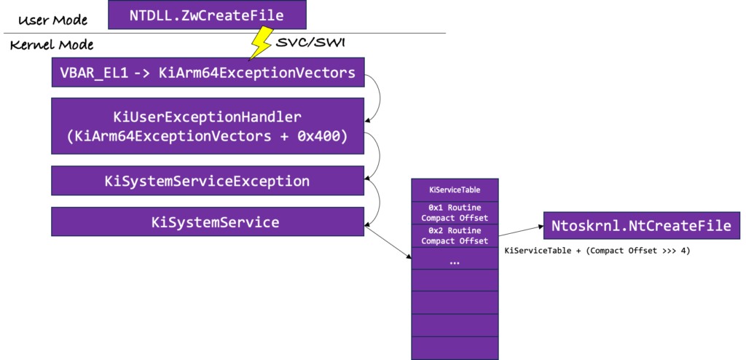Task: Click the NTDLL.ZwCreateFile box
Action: point(207,15)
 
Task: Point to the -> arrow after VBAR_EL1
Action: point(142,73)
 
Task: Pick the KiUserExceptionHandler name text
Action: point(207,117)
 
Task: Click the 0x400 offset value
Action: point(320,136)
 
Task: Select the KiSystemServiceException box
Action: point(207,181)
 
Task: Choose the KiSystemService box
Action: point(207,222)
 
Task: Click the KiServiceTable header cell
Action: point(455,190)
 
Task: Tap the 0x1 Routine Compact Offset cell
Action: point(455,213)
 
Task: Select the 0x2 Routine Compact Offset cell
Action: point(455,235)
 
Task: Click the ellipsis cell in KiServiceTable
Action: point(455,259)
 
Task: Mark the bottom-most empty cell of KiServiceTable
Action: point(455,348)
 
